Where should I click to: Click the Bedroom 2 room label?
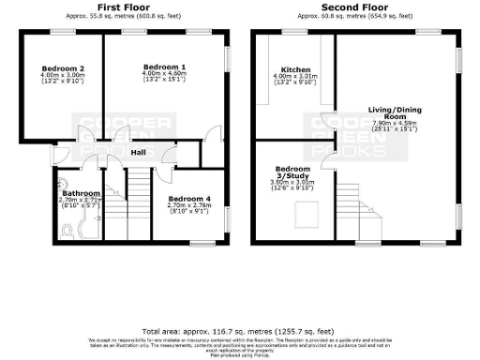coord(64,68)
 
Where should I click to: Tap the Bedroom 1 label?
coord(164,67)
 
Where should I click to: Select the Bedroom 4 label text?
coord(188,199)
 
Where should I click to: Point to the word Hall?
coord(138,152)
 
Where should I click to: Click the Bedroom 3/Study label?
coord(291,175)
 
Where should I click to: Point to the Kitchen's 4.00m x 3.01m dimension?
coord(295,76)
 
